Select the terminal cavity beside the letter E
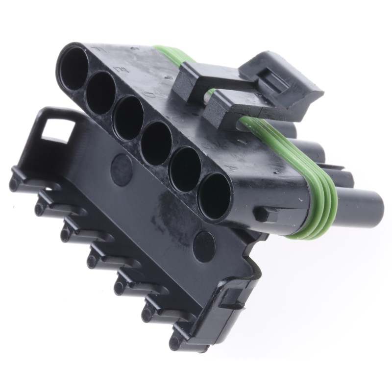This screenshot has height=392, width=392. click(101, 92)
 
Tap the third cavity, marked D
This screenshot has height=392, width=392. click(128, 118)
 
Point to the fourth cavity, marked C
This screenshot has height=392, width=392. click(156, 143)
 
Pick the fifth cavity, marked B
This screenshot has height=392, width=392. click(185, 169)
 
